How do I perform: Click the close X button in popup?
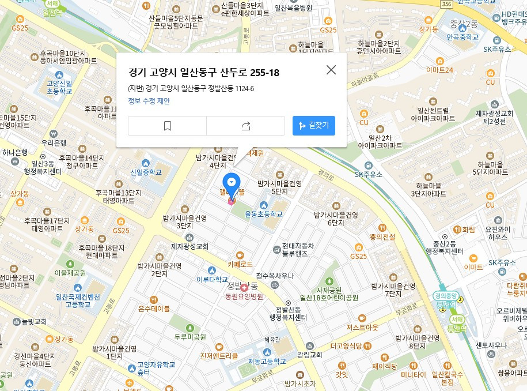pyautogui.click(x=331, y=70)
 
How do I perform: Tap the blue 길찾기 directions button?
pyautogui.click(x=314, y=125)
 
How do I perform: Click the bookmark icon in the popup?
pyautogui.click(x=168, y=126)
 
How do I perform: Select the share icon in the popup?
pyautogui.click(x=246, y=126)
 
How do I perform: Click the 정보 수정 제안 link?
pyautogui.click(x=149, y=101)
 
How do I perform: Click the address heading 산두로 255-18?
pyautogui.click(x=204, y=73)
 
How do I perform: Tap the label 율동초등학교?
pyautogui.click(x=264, y=214)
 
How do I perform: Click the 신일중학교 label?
pyautogui.click(x=146, y=172)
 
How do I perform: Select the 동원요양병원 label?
pyautogui.click(x=244, y=296)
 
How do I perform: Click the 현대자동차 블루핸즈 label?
pyautogui.click(x=298, y=249)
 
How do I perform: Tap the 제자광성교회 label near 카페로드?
pyautogui.click(x=189, y=246)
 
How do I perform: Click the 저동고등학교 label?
pyautogui.click(x=267, y=362)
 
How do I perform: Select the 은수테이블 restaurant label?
pyautogui.click(x=154, y=309)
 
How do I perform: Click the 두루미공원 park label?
pyautogui.click(x=190, y=337)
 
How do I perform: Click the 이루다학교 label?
pyautogui.click(x=212, y=279)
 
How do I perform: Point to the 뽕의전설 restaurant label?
pyautogui.click(x=382, y=237)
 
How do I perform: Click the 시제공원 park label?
pyautogui.click(x=329, y=290)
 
